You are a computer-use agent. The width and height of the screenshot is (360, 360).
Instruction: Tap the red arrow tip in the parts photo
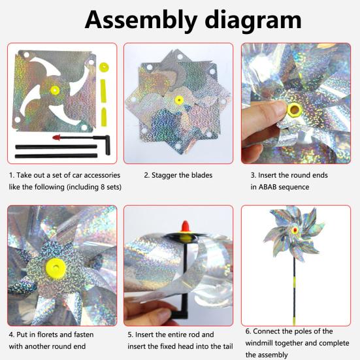[x=56, y=138]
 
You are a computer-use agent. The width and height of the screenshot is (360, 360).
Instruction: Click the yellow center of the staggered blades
[x=178, y=101]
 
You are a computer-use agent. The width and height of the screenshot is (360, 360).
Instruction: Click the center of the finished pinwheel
[x=295, y=231]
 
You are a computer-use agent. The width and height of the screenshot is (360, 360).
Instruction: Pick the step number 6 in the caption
[x=248, y=331]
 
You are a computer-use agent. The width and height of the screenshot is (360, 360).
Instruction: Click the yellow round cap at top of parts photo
[x=103, y=67]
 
